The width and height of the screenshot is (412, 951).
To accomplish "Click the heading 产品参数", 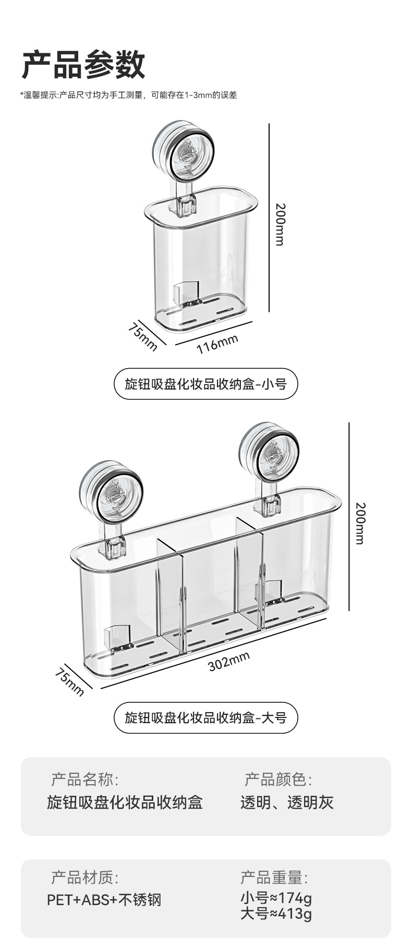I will pos(83,65).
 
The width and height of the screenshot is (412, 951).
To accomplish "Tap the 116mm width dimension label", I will pos(217,344).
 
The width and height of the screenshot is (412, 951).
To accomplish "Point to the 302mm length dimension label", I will pos(229,661).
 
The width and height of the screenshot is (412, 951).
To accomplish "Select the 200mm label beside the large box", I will pos(360,523).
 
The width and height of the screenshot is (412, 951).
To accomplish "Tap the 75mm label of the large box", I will pos(69,681).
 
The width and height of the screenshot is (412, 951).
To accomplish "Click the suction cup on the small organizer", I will pos(183,151).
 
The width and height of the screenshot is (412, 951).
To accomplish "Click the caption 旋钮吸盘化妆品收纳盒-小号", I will pos(205,384).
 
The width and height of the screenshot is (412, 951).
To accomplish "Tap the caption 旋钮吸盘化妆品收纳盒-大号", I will pos(205,718).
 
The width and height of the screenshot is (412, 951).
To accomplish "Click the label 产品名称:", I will pos(84,780).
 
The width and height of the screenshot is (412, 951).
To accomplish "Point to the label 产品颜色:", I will pos(278,780).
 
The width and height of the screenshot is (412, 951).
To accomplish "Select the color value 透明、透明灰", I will pos(287,802).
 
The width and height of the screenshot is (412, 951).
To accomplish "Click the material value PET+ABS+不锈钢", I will pos(104,900).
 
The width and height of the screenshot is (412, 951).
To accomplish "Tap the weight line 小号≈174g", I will pos(276,898).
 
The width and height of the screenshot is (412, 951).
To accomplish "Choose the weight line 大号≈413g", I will pos(276,913).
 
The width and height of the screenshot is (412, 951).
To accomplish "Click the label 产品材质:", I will pos(84,877).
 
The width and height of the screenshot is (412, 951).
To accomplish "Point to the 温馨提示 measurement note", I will pos(128,95).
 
